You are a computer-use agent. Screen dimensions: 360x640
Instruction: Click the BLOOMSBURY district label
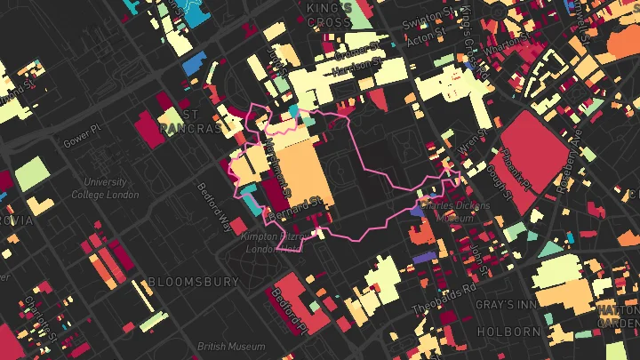[x=193, y=282]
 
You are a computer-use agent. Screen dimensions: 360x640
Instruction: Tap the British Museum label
[x=230, y=347]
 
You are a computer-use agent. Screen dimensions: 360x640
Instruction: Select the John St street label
[x=480, y=259]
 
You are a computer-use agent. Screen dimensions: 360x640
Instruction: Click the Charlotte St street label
[x=42, y=316]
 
